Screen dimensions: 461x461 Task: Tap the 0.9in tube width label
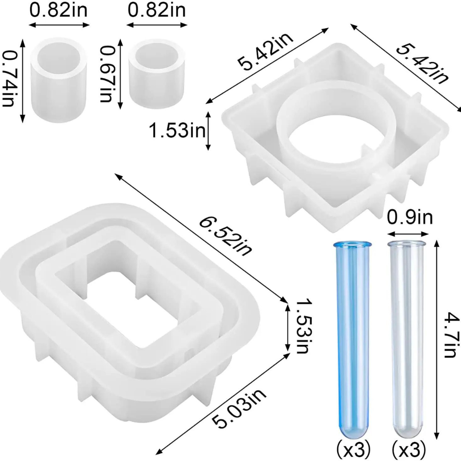pyautogui.click(x=409, y=217)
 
